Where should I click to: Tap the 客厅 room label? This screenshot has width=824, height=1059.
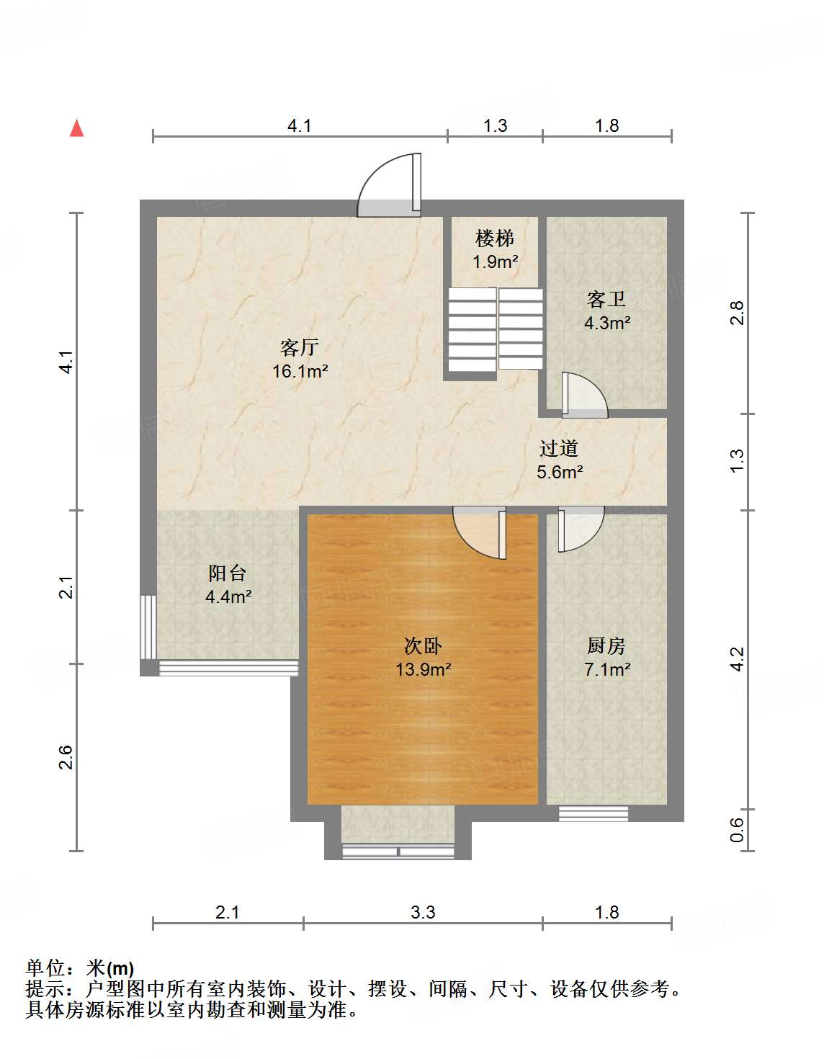point(300,347)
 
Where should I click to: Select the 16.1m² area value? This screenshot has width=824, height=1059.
point(300,371)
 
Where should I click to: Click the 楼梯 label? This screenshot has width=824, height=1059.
point(495,238)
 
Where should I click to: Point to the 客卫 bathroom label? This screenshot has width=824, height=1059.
point(606,299)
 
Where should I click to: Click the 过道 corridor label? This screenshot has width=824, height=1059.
point(559,448)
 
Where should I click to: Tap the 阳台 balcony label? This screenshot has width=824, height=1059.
point(228,573)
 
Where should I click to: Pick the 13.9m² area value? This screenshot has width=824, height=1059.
point(423,669)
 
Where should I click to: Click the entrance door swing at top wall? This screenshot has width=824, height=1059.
point(389,185)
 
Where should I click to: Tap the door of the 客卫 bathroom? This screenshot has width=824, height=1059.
point(584,396)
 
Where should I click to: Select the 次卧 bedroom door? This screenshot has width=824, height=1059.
point(480,532)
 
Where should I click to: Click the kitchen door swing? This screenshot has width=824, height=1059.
point(581,529)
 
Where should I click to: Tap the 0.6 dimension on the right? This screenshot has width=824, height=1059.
point(738,829)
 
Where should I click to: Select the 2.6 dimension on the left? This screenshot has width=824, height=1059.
point(66,758)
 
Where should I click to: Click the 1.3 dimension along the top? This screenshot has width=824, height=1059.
point(495,126)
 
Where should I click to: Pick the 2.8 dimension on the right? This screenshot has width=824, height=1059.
point(738,313)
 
